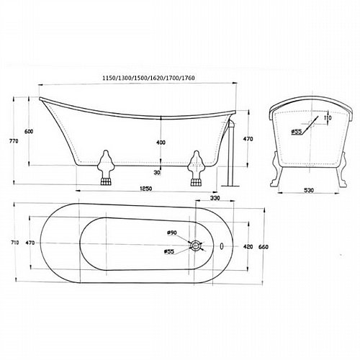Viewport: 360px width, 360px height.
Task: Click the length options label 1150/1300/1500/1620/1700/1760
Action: (x=148, y=78)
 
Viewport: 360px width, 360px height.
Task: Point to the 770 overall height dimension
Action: (x=14, y=141)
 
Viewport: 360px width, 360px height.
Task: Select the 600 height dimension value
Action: (x=29, y=132)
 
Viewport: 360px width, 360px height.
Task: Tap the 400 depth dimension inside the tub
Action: (x=161, y=143)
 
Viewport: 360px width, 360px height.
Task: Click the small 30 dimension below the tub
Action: (x=158, y=173)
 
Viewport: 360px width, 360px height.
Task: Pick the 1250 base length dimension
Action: (x=146, y=189)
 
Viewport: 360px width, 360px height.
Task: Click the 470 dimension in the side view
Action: (x=248, y=139)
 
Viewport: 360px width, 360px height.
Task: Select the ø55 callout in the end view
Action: (x=297, y=132)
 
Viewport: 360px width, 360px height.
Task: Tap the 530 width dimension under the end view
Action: (x=309, y=190)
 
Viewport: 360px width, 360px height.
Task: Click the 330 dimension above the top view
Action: (x=215, y=198)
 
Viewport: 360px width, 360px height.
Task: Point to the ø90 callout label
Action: (x=172, y=233)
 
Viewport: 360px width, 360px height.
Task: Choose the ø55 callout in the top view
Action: (x=169, y=252)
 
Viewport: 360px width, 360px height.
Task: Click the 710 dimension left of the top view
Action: (x=15, y=243)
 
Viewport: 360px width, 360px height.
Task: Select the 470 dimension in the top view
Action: (x=30, y=243)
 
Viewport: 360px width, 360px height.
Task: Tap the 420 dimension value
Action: (x=248, y=247)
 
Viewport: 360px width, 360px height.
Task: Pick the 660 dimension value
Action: (x=264, y=247)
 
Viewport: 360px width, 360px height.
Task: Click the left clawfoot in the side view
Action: (x=106, y=167)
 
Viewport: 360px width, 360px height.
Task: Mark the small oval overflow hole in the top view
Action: (x=222, y=246)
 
